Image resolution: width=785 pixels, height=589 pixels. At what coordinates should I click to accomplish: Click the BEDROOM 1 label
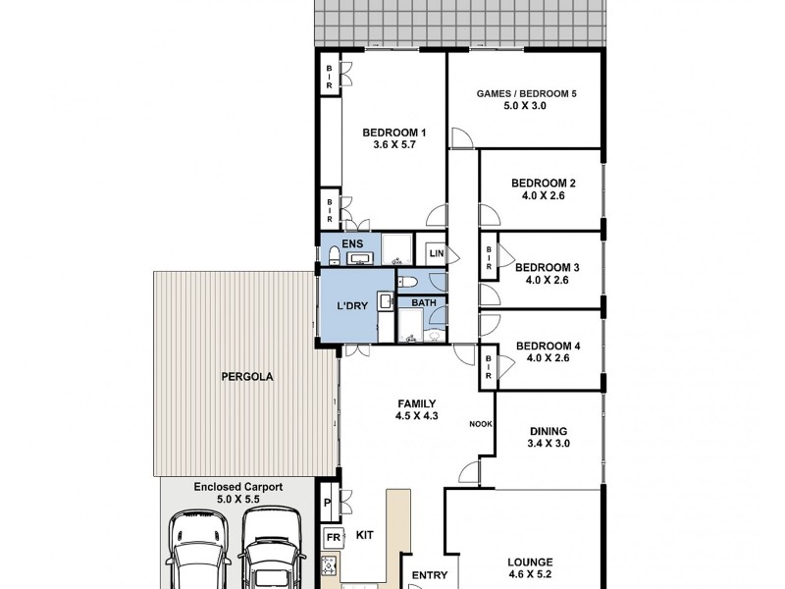(x=394, y=134)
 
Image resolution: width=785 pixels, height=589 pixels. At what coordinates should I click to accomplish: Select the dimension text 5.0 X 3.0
(x=525, y=105)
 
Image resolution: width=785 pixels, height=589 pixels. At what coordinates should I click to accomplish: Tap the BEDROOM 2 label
(x=543, y=183)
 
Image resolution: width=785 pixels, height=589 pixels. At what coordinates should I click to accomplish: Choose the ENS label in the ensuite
(x=352, y=242)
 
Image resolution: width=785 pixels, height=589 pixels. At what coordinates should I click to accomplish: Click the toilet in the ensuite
(x=336, y=257)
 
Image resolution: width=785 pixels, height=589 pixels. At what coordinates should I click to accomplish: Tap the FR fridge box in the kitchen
(x=332, y=539)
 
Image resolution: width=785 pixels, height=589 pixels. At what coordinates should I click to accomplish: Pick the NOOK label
(x=480, y=424)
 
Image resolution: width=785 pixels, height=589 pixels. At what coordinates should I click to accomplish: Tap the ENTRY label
(x=429, y=575)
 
